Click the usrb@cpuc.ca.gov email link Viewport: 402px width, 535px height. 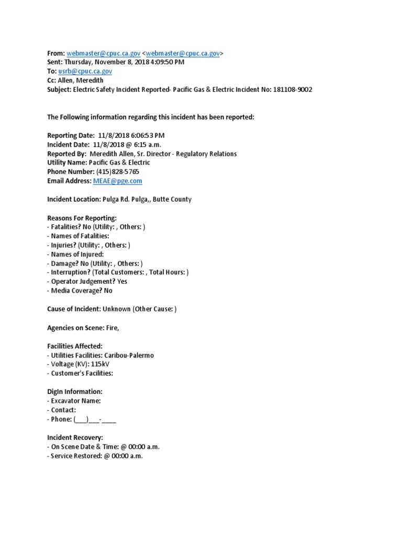point(86,71)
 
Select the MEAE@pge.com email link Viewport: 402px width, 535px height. point(117,181)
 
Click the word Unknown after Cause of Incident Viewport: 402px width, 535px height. point(117,309)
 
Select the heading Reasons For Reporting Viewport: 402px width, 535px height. point(82,217)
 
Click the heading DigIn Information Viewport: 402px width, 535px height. point(75,392)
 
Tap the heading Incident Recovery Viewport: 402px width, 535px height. point(75,437)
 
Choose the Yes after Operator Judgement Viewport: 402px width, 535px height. point(122,282)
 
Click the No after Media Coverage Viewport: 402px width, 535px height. point(108,290)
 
